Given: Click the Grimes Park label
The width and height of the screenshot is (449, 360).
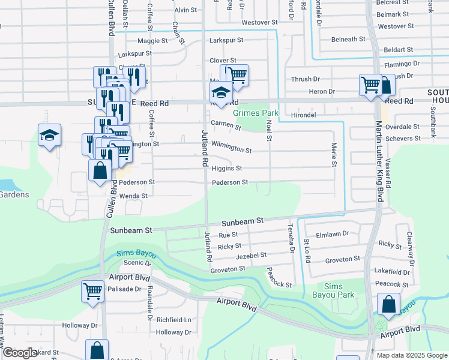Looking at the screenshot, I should (256, 112).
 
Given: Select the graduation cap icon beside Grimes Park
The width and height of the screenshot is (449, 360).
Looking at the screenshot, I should (221, 94).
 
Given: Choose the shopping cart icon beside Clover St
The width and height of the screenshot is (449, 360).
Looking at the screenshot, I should (238, 76).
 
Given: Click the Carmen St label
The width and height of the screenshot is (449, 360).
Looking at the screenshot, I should (225, 126).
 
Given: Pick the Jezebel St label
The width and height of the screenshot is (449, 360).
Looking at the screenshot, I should (252, 256).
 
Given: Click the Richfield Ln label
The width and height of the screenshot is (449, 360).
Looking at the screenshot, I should (174, 320).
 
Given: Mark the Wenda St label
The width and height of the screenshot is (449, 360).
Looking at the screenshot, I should (133, 196).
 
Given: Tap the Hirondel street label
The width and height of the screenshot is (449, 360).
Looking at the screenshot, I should (303, 114).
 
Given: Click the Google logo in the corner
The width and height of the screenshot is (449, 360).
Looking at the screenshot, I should (20, 353).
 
